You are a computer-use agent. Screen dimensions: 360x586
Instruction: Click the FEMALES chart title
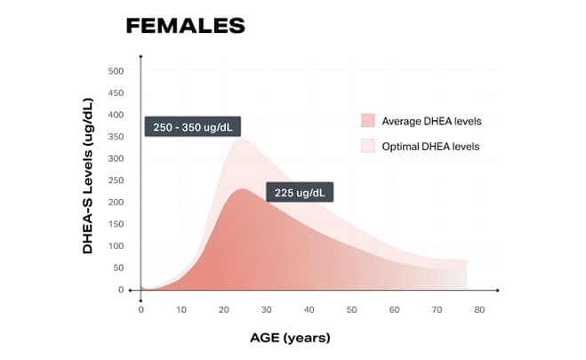(x=185, y=26)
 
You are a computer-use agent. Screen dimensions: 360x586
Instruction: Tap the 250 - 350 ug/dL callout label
(x=192, y=126)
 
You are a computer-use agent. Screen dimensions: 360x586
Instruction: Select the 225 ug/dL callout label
(x=299, y=192)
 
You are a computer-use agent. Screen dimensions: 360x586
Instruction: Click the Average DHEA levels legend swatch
(x=367, y=121)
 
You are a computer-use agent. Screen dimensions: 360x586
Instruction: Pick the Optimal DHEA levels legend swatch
(x=367, y=146)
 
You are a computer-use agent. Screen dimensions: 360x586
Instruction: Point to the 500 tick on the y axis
(x=117, y=71)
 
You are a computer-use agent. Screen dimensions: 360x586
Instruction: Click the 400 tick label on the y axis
(x=117, y=115)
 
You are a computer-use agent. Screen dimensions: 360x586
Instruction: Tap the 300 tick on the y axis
(x=117, y=158)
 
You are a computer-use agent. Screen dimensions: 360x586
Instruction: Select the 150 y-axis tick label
(x=117, y=224)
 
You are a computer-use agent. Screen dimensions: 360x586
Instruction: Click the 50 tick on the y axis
(x=120, y=268)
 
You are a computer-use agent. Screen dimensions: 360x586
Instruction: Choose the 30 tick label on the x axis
(x=267, y=309)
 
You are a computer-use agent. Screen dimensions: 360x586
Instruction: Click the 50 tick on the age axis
(x=351, y=309)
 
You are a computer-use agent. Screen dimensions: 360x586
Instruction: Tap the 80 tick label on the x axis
(x=478, y=309)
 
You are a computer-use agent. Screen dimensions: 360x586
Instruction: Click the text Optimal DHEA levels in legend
(x=431, y=146)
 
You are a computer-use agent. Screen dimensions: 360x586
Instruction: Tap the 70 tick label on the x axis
(x=437, y=309)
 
